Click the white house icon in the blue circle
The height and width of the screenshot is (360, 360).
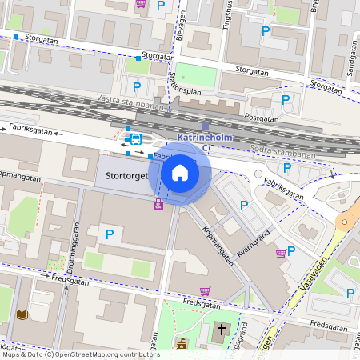pyautogui.click(x=180, y=173)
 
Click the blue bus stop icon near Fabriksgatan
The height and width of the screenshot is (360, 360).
pyautogui.click(x=135, y=139)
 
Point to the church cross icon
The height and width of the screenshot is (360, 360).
pyautogui.click(x=222, y=330)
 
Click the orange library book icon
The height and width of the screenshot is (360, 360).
pyautogui.click(x=22, y=315)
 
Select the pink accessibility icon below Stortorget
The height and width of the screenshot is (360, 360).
pyautogui.click(x=158, y=205)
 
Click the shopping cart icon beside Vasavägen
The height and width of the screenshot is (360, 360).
pyautogui.click(x=281, y=254)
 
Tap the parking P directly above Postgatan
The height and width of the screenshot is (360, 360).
pyautogui.click(x=286, y=99)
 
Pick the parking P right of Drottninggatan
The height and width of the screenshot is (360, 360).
pyautogui.click(x=110, y=234)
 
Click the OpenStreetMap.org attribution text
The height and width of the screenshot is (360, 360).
pyautogui.click(x=104, y=354)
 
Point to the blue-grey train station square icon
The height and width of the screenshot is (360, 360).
pyautogui.click(x=205, y=126)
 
